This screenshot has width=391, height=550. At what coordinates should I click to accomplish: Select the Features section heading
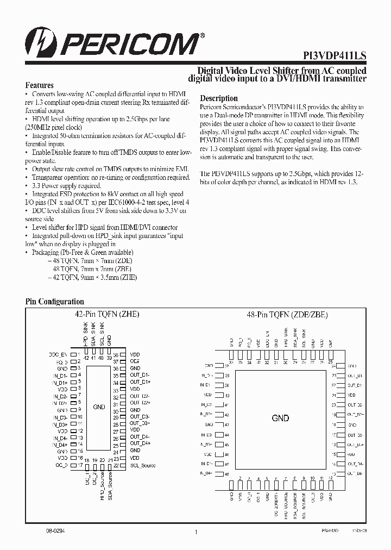click(40, 85)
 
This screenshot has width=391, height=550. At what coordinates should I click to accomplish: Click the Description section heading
click(219, 98)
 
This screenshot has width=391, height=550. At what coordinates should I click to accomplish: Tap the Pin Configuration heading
click(55, 302)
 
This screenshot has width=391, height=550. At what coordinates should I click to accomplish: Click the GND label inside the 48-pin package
click(280, 418)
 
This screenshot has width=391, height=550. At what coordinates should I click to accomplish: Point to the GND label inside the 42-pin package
click(99, 407)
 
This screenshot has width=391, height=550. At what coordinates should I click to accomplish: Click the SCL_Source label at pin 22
click(143, 465)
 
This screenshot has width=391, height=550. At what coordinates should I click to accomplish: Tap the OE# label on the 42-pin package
click(135, 361)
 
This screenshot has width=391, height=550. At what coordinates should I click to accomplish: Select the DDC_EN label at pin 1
click(58, 354)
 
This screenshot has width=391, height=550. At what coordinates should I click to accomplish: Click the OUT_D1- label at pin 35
click(140, 376)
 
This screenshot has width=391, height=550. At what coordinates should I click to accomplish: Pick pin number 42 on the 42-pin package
click(86, 358)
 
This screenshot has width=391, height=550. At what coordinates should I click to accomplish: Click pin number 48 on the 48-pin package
click(227, 474)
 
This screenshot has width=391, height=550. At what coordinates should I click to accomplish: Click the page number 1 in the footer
click(195, 533)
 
